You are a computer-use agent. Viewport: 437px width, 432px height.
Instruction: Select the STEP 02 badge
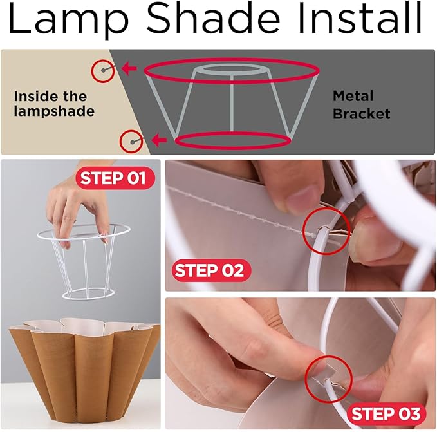click(209, 270)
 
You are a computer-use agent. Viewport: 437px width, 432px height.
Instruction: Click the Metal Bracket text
click(361, 105)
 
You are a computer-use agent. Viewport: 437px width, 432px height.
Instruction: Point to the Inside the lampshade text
click(54, 104)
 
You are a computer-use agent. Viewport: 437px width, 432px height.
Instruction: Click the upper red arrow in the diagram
click(131, 68)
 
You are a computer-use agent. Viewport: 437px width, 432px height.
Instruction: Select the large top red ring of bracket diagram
click(231, 70)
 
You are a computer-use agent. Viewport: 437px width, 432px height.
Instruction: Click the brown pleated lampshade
click(84, 367)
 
